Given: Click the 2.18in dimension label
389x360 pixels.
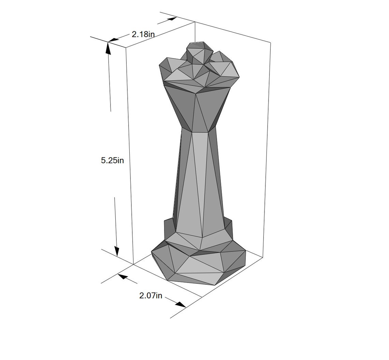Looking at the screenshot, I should tap(143, 34).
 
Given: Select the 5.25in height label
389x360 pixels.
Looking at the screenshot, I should tap(112, 160).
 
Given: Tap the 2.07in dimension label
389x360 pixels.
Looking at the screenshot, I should tap(150, 296).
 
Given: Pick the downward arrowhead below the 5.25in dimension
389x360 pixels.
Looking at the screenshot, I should tap(117, 252).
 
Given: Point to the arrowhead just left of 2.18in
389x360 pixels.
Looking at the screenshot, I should tap(114, 40).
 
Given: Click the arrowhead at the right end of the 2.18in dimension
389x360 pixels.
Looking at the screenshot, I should tap(171, 19).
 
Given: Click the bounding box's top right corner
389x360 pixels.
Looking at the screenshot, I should tap(271, 43).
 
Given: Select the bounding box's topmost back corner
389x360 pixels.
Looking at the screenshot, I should tap(195, 22).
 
